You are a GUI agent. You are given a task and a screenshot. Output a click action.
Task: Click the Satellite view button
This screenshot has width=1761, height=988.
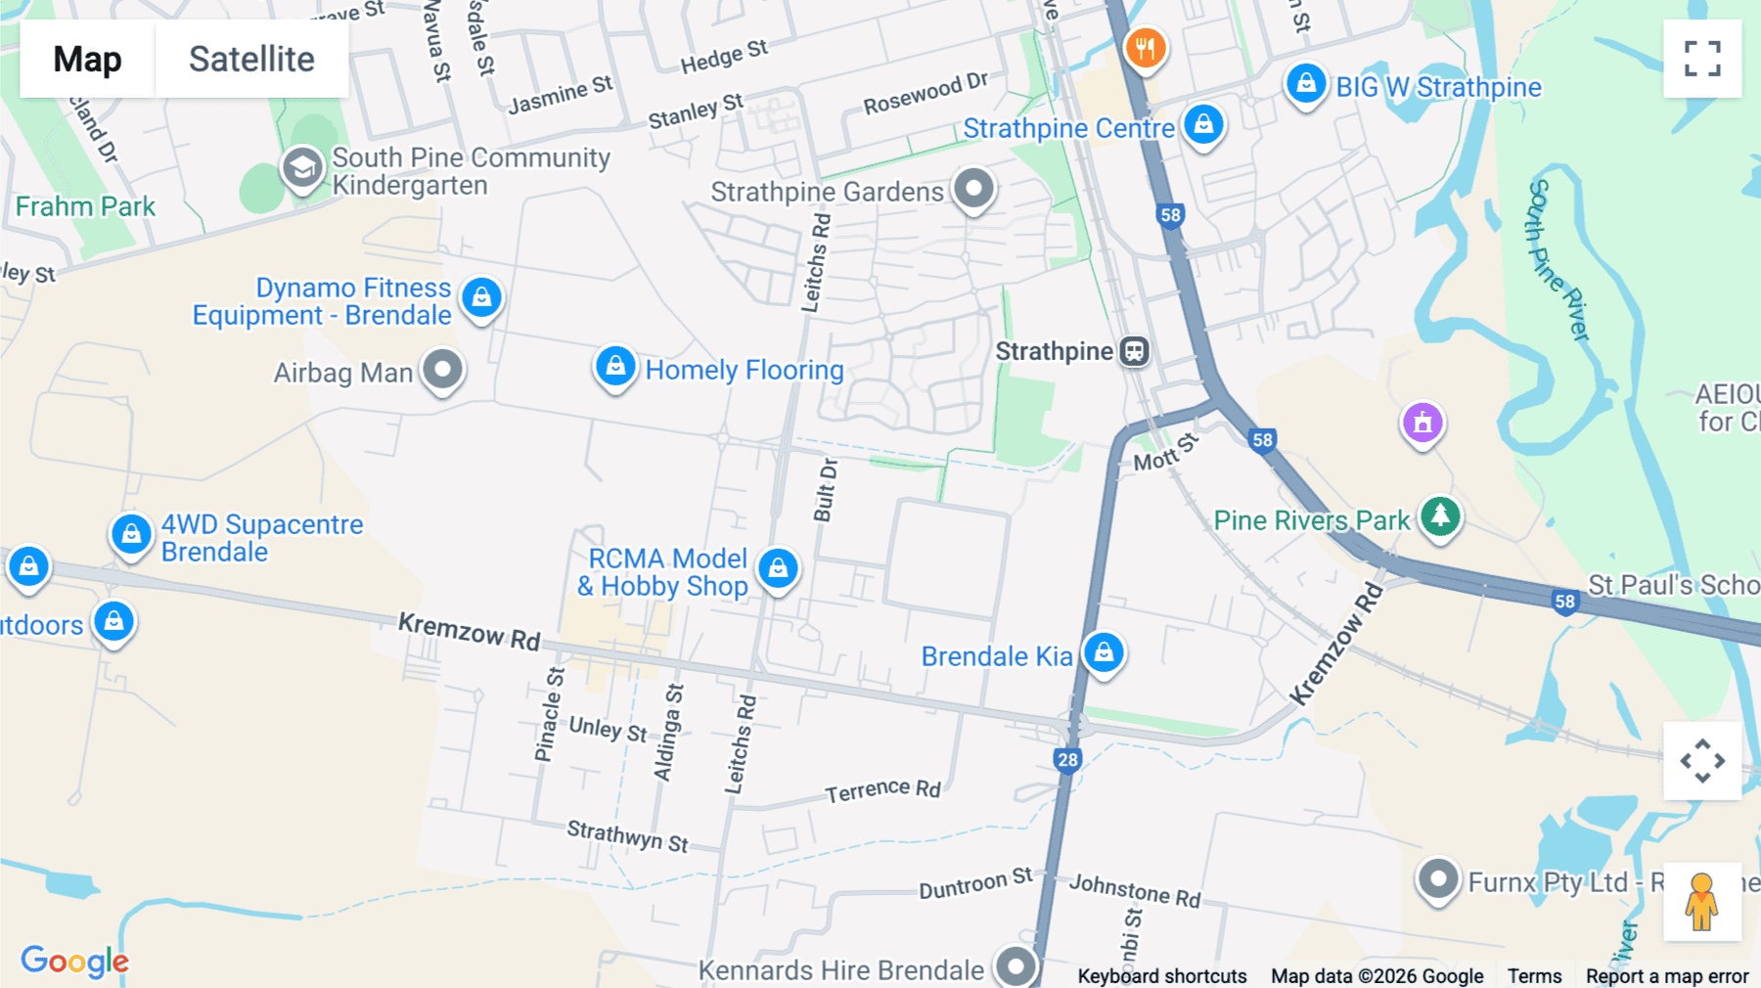251,59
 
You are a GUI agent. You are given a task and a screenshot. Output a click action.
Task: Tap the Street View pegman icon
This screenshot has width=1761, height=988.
1701,901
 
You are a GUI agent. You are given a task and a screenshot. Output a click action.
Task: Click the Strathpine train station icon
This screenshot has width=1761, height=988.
1134,351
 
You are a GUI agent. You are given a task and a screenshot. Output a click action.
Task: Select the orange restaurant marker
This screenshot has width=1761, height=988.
1145,47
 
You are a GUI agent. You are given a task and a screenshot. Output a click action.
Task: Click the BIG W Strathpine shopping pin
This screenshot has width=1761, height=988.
1306,85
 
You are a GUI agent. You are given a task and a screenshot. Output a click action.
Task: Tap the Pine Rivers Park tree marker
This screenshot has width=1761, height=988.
1440,515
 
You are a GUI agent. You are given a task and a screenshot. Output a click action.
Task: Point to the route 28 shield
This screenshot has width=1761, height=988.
1067,760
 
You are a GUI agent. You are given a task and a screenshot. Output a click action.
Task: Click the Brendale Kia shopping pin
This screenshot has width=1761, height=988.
1104,651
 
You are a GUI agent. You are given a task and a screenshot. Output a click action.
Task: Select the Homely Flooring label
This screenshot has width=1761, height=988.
744,370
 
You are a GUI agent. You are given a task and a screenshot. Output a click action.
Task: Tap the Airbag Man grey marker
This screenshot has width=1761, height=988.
442,370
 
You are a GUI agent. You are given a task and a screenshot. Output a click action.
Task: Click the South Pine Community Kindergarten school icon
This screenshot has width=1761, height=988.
302,168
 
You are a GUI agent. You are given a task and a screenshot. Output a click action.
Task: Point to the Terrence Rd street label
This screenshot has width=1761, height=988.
882,789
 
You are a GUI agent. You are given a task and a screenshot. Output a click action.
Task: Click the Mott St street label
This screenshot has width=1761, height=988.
1165,452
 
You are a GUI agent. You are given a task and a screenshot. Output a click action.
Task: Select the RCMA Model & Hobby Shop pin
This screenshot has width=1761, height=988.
778,568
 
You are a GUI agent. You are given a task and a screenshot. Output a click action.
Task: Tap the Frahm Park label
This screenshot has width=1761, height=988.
85,206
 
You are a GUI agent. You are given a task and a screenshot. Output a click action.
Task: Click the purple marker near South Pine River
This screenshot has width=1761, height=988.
1422,423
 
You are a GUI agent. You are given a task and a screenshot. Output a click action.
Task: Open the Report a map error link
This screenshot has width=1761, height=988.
1666,976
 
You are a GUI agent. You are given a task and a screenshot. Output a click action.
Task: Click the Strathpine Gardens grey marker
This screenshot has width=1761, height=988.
973,188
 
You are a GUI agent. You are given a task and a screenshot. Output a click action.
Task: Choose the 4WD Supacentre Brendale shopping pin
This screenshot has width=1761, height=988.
131,534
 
